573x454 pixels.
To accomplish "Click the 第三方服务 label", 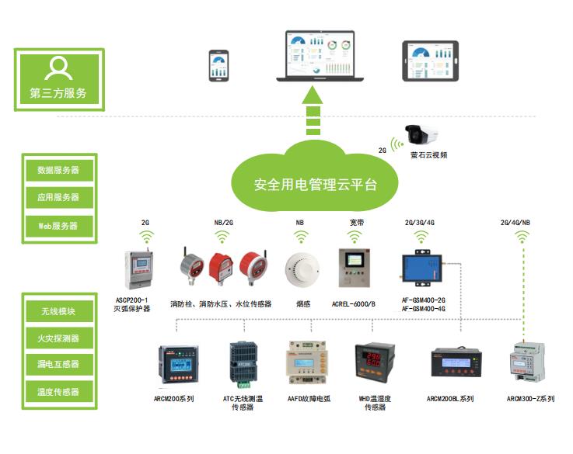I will (58, 94).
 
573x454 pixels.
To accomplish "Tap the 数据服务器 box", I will (58, 169).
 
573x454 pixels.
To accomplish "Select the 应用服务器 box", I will (58, 197).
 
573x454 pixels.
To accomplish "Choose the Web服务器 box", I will (58, 225).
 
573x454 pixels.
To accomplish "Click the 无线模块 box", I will (58, 312).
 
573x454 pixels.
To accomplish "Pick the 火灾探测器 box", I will (58, 338).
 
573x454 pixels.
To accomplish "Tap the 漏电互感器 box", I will (58, 365).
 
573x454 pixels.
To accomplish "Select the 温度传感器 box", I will (58, 392).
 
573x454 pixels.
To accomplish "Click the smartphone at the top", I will (217, 67).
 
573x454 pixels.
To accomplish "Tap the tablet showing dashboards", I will (431, 61).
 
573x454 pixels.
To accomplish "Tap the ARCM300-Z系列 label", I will (531, 399).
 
